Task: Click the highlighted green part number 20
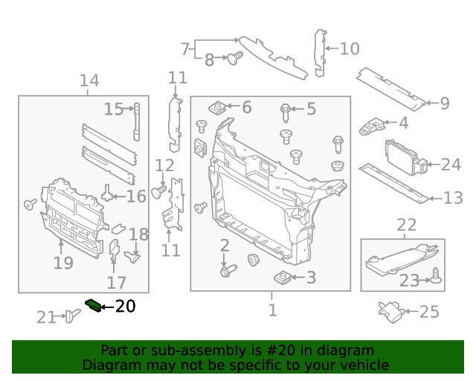(x=94, y=304)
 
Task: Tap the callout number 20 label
(x=125, y=306)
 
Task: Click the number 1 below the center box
(x=272, y=309)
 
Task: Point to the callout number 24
(x=451, y=164)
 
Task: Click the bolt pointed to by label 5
(x=286, y=111)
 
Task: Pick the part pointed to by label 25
(x=391, y=311)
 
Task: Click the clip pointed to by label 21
(x=71, y=316)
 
